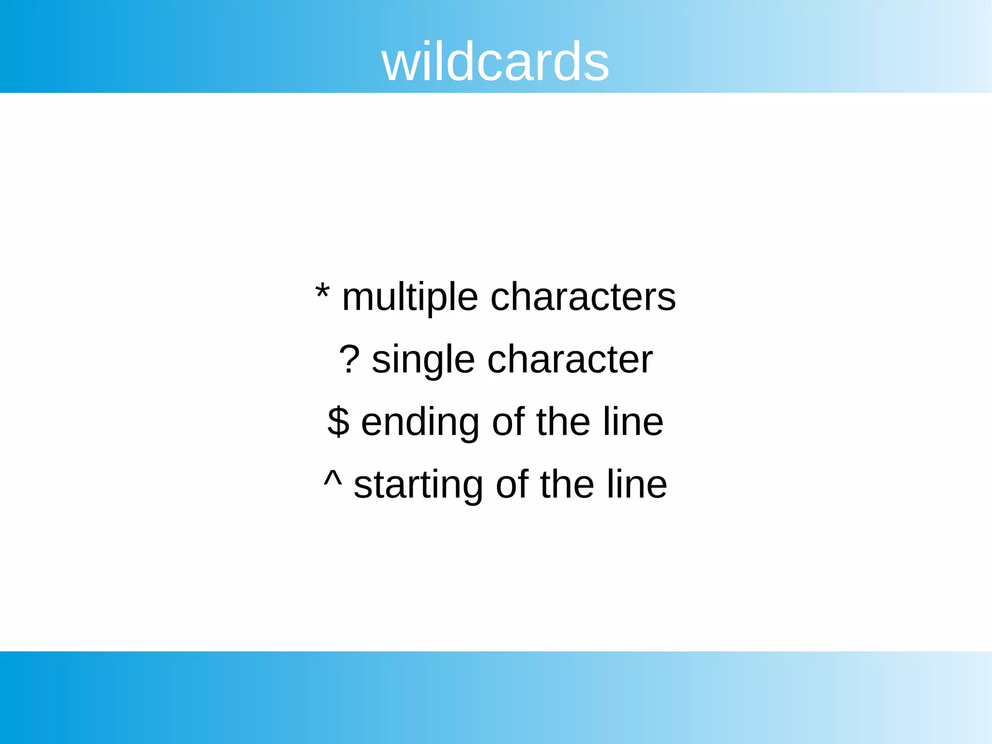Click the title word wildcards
coord(495,62)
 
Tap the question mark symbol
coord(349,359)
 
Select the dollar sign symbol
coord(338,421)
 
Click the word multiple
coord(410,297)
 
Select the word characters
coord(583,296)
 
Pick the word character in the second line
coord(570,359)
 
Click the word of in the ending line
coord(508,421)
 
